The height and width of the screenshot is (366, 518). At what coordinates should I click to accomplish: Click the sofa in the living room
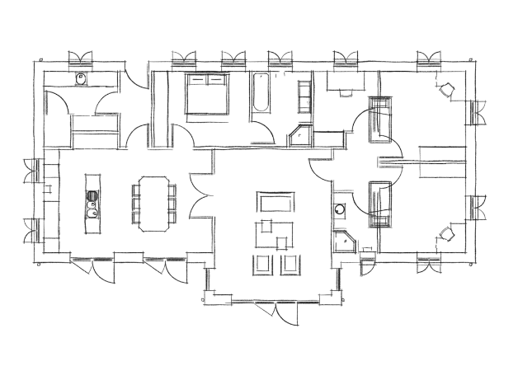point(275,202)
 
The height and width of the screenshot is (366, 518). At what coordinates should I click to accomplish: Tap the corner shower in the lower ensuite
point(345,242)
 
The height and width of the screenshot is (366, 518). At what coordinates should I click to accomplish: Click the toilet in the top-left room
point(81,81)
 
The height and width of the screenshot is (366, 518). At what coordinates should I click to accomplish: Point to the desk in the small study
point(340,82)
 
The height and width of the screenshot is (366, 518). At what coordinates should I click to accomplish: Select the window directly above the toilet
point(81,59)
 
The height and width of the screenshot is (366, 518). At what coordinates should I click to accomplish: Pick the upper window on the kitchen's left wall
point(32,168)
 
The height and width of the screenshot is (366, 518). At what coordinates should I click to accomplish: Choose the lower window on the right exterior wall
point(477,208)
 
